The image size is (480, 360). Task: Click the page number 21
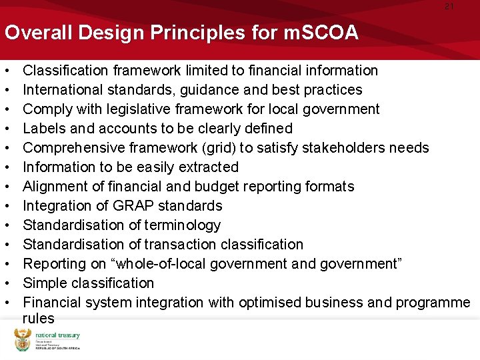point(449,6)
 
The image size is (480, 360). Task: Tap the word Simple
point(43,283)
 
